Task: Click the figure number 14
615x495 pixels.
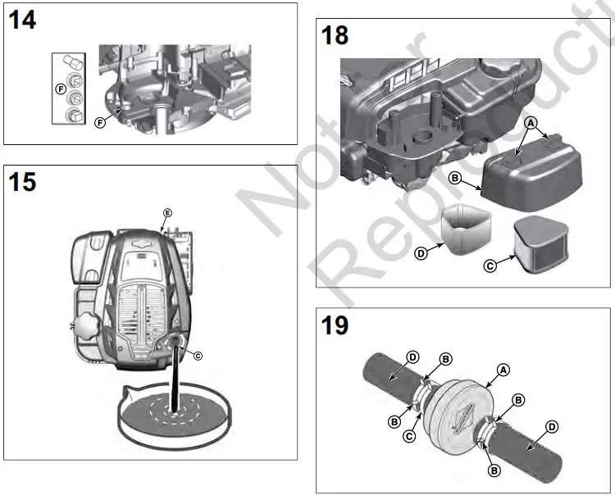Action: [22, 20]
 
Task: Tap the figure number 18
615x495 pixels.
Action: [335, 36]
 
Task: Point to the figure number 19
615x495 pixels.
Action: [335, 325]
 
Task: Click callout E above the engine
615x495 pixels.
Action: [166, 213]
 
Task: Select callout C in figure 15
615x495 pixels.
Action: [197, 355]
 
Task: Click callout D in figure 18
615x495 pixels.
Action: [421, 254]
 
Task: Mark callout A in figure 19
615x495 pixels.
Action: [504, 370]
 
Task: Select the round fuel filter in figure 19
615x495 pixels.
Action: [462, 402]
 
